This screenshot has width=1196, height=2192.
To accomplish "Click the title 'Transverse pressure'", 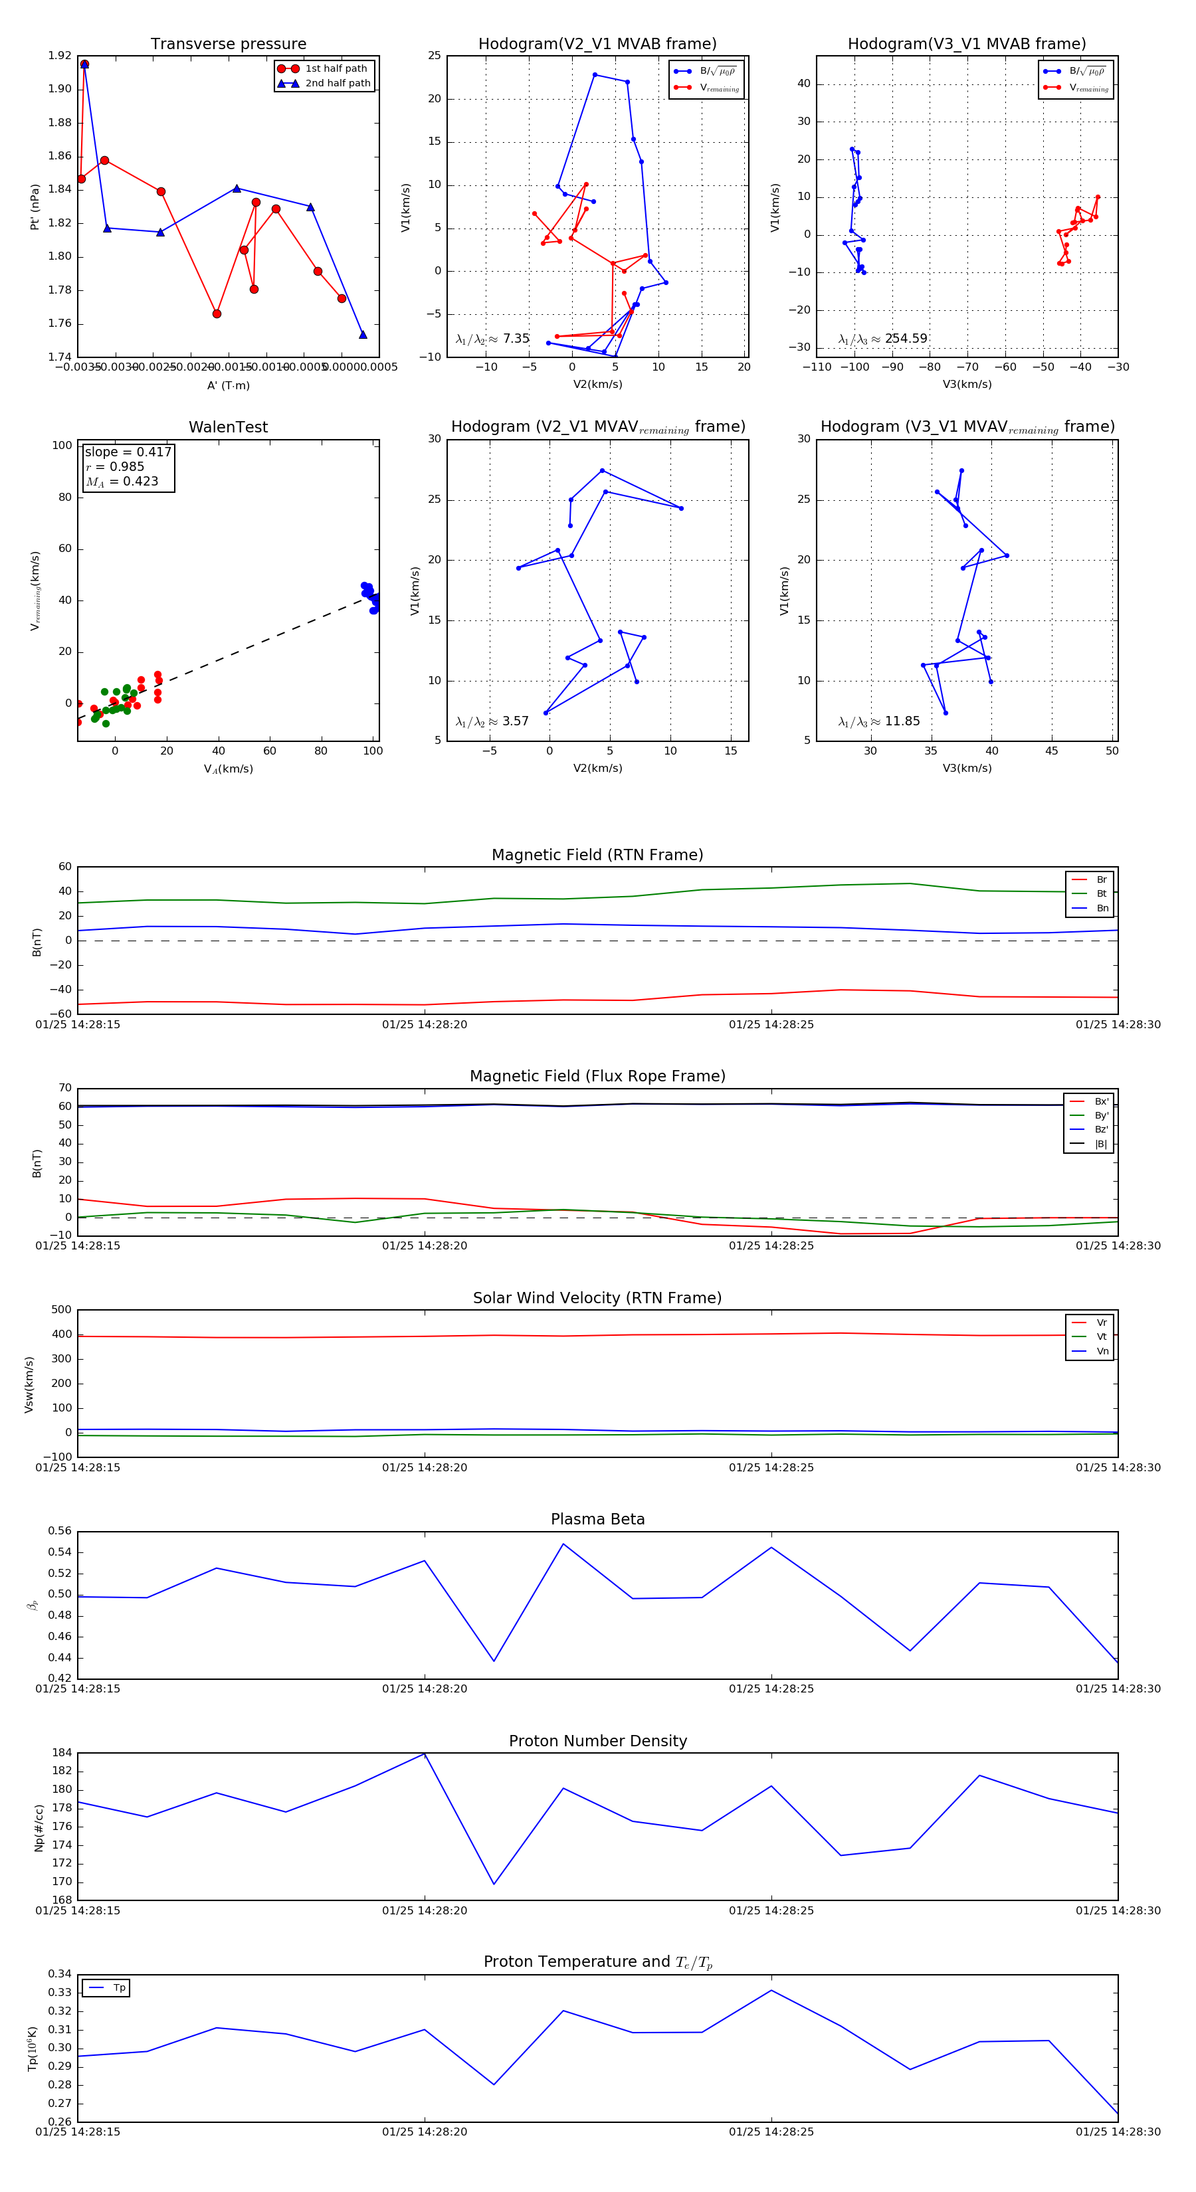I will click(228, 45).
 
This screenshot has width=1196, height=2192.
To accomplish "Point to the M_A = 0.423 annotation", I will click(122, 482).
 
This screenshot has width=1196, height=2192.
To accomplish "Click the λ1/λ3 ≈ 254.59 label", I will click(883, 339).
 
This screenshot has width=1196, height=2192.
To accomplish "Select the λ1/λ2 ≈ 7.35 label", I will click(492, 339).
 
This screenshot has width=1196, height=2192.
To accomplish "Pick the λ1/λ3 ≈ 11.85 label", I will click(878, 721).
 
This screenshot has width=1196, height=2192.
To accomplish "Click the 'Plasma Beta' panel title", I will click(597, 1519).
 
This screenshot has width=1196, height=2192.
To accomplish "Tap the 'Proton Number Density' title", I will click(597, 1741).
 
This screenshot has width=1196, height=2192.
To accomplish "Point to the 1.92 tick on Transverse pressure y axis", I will click(60, 56).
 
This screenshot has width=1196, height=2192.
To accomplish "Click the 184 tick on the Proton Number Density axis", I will click(61, 1753).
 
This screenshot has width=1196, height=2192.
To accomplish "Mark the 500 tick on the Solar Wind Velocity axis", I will click(61, 1310).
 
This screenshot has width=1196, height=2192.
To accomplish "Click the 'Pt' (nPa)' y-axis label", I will click(35, 206).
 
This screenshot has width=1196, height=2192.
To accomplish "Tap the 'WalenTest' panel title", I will click(228, 427).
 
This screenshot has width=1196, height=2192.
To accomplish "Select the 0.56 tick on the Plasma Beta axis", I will click(60, 1531).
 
